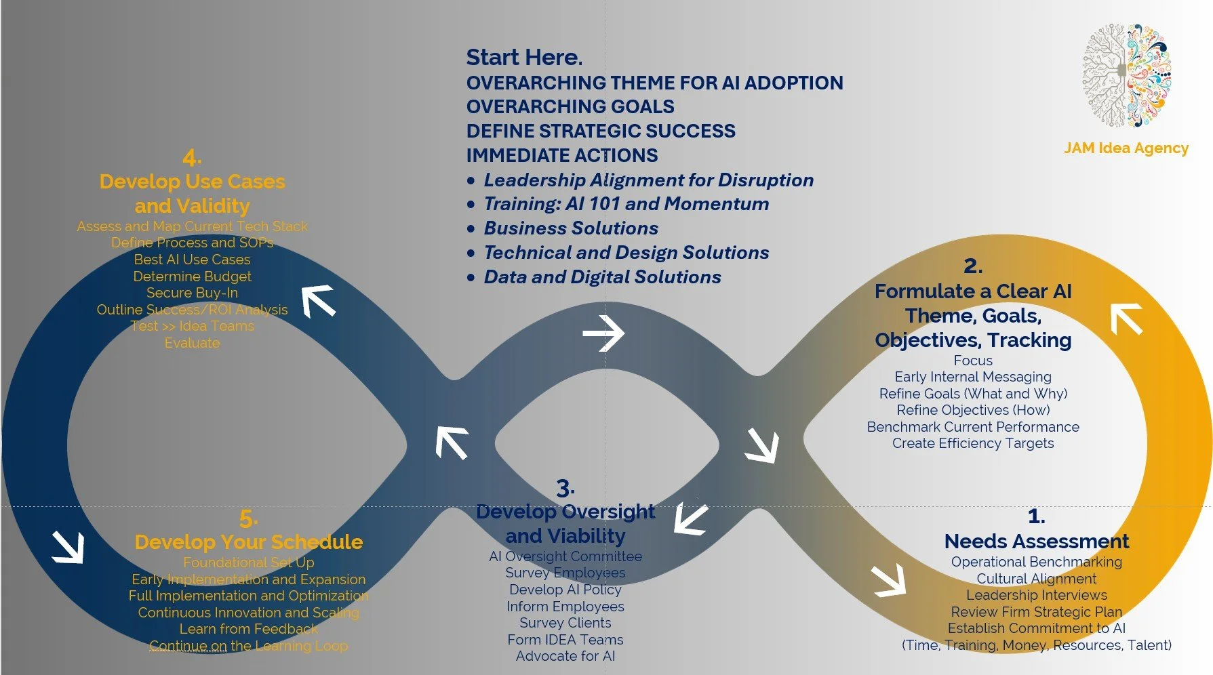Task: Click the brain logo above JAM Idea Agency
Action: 1126,76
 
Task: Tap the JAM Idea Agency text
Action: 1126,148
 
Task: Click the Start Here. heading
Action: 524,58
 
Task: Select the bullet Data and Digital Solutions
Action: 602,277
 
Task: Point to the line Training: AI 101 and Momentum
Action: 626,204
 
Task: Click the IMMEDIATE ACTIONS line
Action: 561,156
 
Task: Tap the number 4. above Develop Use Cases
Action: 192,158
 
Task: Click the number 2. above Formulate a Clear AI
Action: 973,266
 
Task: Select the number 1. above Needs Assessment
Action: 1036,516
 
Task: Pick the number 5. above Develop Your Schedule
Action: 248,519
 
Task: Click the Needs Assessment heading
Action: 1036,541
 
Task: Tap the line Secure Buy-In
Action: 192,293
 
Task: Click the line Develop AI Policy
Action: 565,590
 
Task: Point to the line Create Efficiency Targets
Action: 973,443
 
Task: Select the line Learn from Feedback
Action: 248,629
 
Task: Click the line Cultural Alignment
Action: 1036,579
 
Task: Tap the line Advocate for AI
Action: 565,656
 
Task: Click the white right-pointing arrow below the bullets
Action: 603,333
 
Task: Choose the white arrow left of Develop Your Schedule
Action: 68,547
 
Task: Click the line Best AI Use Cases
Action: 192,260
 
